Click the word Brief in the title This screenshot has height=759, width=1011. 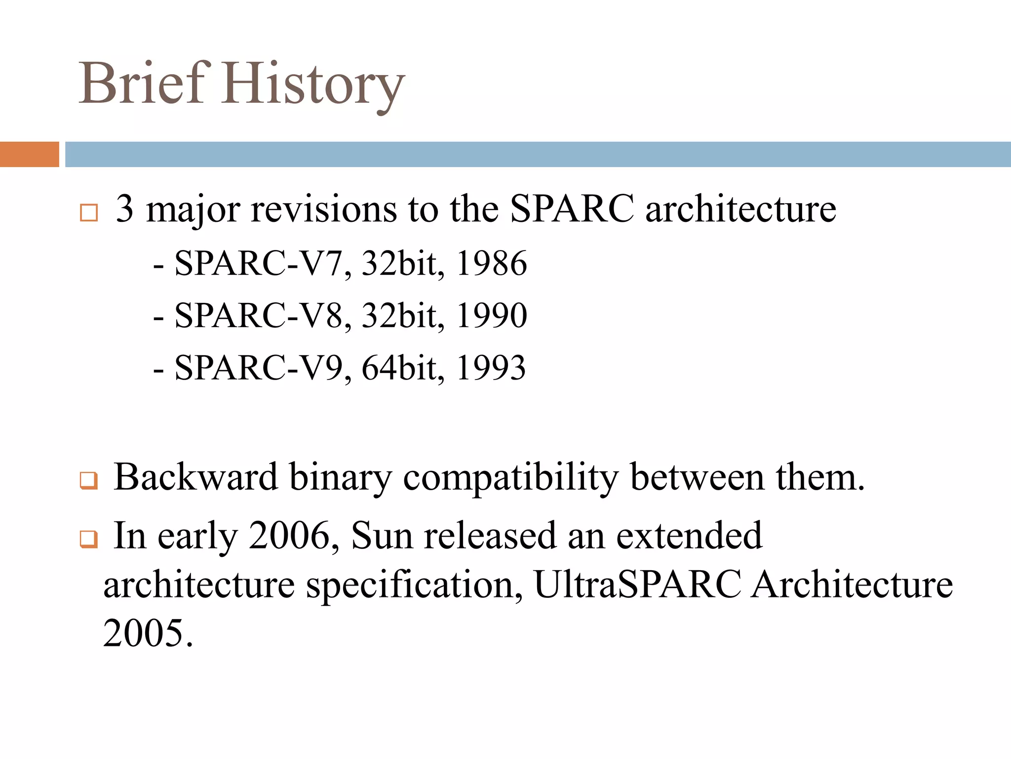[142, 84]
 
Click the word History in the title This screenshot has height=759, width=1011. [313, 85]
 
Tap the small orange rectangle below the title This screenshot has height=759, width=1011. [29, 154]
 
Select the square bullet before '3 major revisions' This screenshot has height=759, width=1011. [89, 213]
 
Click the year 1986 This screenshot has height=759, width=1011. [491, 263]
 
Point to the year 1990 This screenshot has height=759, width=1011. [491, 316]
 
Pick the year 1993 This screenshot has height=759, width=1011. [491, 368]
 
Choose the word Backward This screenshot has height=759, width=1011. [195, 477]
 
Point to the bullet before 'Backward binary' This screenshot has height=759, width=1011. [89, 480]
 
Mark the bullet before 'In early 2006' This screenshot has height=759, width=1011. [89, 539]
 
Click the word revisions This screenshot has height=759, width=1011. [324, 209]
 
